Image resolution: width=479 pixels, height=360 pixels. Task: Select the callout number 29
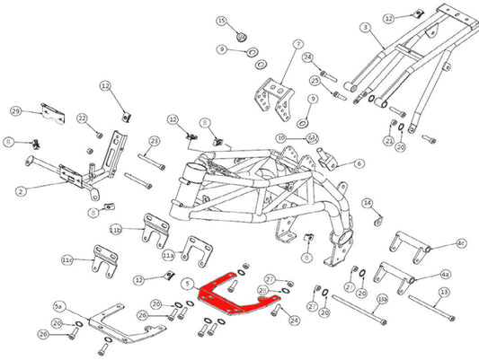tap(15, 110)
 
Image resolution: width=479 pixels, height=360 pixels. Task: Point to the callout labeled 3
tap(365, 28)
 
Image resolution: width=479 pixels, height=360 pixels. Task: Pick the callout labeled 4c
tap(461, 242)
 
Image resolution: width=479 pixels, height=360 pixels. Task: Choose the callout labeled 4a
tap(446, 273)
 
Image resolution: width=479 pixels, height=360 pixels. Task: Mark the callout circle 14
tap(367, 203)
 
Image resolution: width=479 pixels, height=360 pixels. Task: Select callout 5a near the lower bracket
tap(60, 306)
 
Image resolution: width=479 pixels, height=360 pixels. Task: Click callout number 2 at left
tap(19, 190)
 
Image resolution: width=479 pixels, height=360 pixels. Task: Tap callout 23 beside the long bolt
tap(154, 141)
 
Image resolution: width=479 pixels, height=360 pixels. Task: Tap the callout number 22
tap(82, 119)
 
